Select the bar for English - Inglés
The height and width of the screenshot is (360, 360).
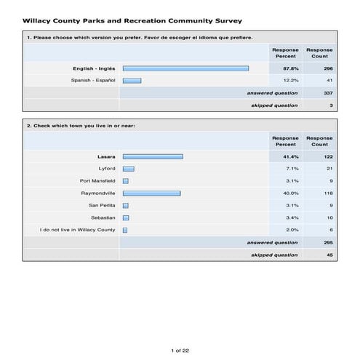point(185,68)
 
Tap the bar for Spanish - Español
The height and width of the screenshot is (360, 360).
point(132,81)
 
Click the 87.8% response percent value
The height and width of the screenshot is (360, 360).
point(285,68)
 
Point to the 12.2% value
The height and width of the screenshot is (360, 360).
point(285,81)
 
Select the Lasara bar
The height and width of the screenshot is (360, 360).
point(153,156)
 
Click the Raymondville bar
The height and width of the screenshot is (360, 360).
point(151,193)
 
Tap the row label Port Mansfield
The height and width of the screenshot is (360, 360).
point(97,181)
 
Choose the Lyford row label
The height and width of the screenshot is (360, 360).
point(106,169)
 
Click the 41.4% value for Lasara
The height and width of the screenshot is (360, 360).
point(285,156)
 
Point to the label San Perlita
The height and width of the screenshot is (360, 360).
point(101,206)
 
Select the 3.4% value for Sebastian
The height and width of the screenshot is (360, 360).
point(285,218)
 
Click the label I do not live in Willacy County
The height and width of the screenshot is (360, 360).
point(77,231)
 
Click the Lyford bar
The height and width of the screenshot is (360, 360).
point(128,169)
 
